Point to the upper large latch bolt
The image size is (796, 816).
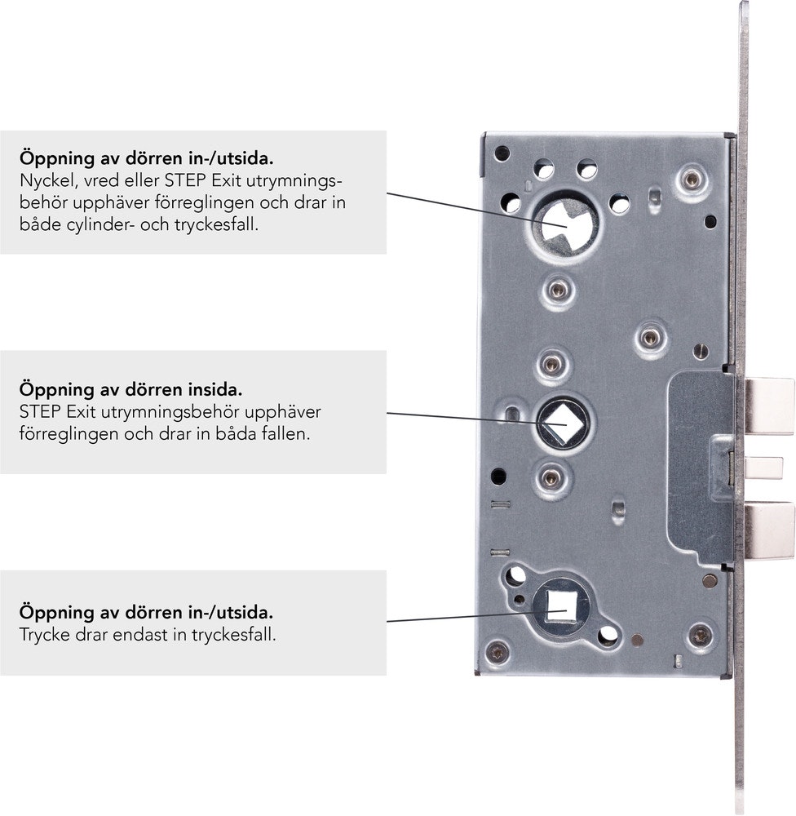coord(769,406)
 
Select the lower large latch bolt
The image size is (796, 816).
coord(769,531)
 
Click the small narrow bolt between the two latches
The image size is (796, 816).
coord(763,468)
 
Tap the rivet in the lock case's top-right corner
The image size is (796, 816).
coord(691,180)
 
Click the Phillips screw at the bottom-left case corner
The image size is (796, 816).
coord(497,652)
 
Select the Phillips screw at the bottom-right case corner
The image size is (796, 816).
coord(701,636)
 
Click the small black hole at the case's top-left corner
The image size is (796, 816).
coord(502,153)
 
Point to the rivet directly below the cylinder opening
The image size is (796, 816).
coord(558,290)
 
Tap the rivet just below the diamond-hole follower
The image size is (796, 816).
coord(551,477)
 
